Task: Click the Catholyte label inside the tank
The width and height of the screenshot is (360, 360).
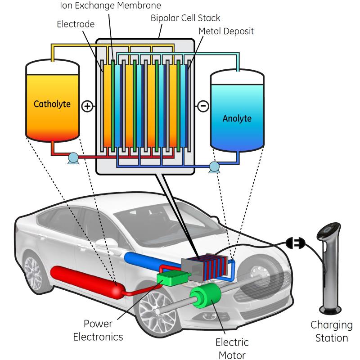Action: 52,104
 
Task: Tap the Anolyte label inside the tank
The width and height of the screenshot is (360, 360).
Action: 237,119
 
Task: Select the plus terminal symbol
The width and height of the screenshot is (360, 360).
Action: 87,106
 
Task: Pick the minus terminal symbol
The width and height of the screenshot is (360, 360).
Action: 203,106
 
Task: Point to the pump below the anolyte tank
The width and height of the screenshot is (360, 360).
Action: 214,167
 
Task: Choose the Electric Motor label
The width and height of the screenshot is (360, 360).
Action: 232,349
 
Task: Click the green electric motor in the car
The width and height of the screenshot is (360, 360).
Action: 205,299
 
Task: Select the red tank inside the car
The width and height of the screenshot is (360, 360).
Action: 85,283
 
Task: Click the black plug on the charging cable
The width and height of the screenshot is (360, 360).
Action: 296,243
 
